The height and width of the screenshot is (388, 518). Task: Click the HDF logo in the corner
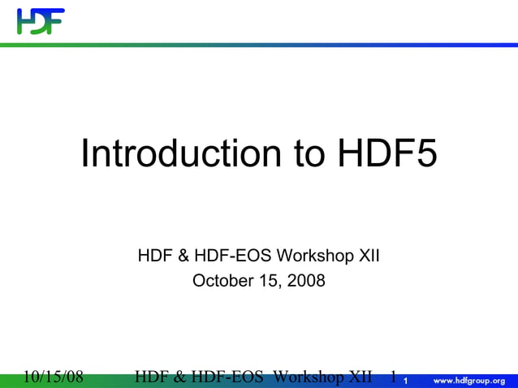pyautogui.click(x=40, y=21)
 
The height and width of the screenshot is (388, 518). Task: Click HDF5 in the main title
pyautogui.click(x=382, y=153)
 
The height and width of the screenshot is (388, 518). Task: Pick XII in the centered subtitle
pyautogui.click(x=368, y=257)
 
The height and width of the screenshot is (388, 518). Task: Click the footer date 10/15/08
pyautogui.click(x=52, y=377)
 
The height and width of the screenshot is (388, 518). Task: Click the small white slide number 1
pyautogui.click(x=405, y=381)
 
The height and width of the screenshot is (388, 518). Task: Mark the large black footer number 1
pyautogui.click(x=393, y=377)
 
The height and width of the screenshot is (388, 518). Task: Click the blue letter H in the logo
pyautogui.click(x=24, y=21)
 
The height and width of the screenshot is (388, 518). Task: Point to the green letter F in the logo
pyautogui.click(x=54, y=21)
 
